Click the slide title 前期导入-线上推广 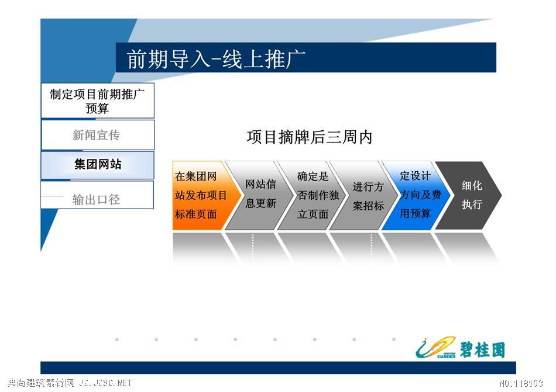tap(216, 58)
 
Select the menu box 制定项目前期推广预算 tap(98, 101)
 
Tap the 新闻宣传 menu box tap(98, 135)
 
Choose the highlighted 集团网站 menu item tap(98, 165)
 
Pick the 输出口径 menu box tap(97, 195)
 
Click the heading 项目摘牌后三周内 tap(309, 137)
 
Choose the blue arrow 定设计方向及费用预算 tap(416, 195)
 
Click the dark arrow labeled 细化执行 tap(468, 195)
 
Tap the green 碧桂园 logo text tap(483, 349)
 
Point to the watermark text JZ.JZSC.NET tap(106, 383)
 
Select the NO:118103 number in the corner tap(521, 383)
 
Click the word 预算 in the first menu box tap(97, 108)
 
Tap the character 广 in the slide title tap(296, 58)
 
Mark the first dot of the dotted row tap(117, 339)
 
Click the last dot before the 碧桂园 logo tap(394, 339)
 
